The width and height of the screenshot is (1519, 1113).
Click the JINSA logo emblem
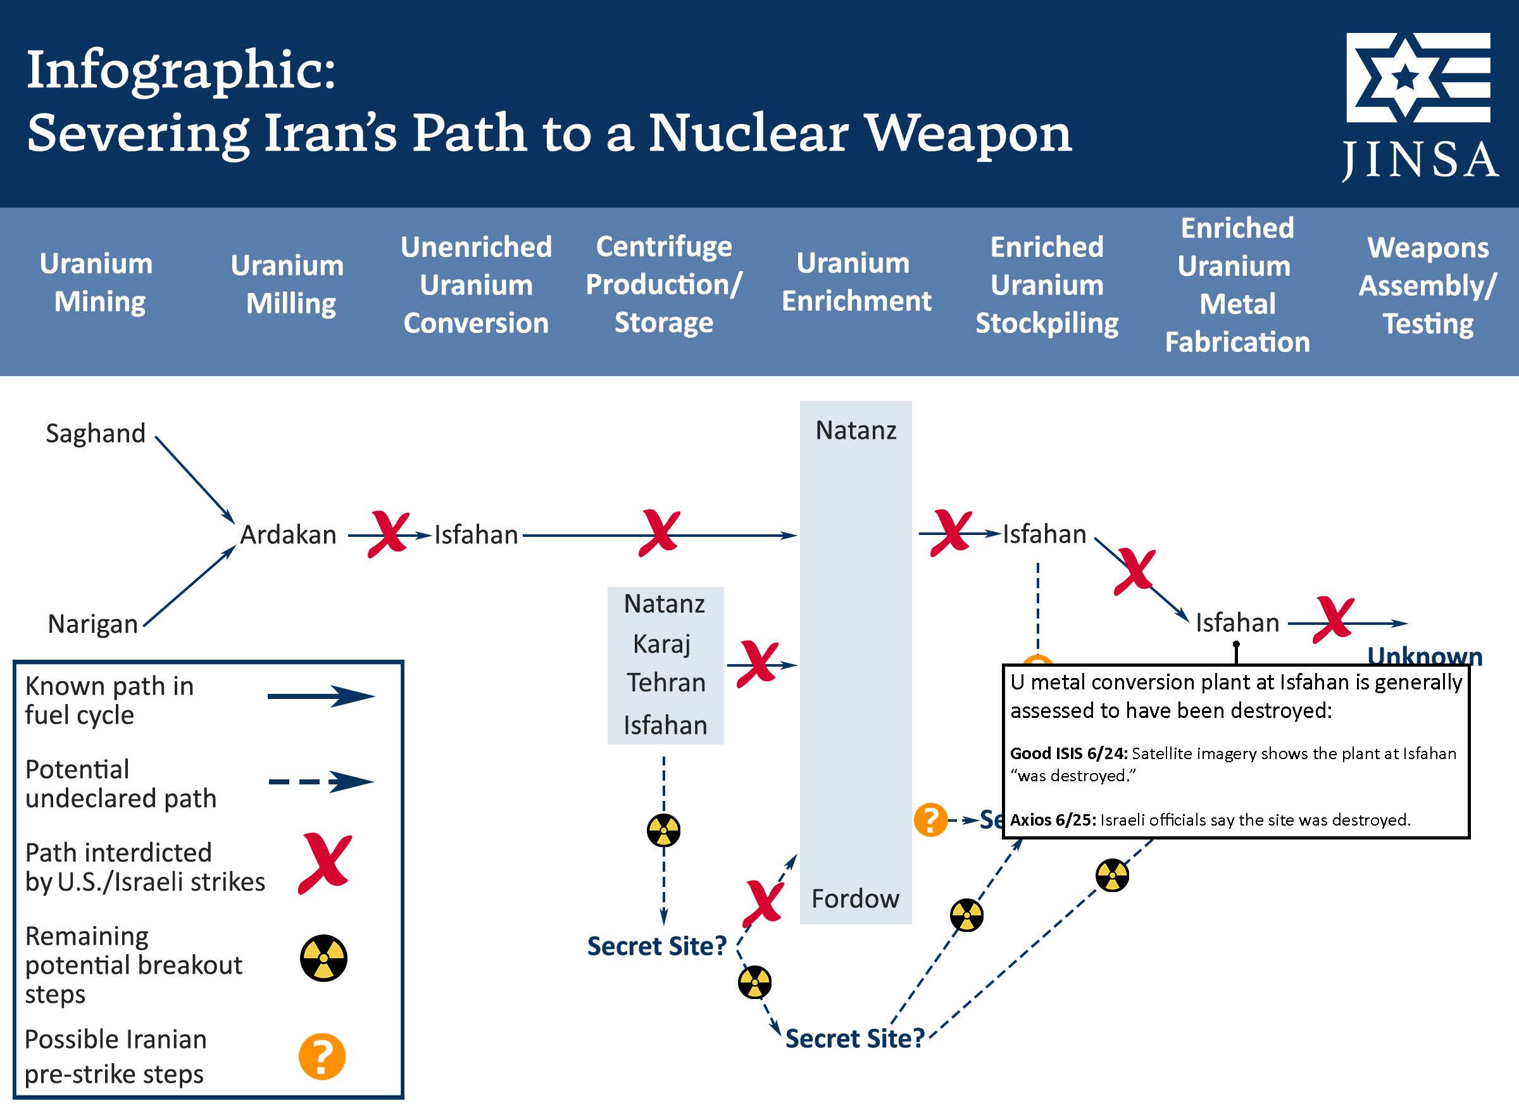point(1418,77)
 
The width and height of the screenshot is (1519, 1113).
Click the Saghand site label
point(96,433)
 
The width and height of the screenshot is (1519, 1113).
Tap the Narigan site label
point(93,624)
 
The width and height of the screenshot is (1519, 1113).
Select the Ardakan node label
point(289,534)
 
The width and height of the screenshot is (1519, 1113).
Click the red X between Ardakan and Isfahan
point(388,534)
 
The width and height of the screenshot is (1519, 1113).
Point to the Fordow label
point(855,899)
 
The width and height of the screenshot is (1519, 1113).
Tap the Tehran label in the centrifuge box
point(666,683)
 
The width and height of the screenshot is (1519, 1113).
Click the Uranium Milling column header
point(287,284)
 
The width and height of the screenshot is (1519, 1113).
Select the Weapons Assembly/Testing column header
point(1427,286)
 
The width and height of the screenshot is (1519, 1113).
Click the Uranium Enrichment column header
point(856,282)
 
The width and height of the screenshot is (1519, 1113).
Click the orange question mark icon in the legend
point(322,1057)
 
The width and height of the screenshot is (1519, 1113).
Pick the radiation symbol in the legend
point(323,958)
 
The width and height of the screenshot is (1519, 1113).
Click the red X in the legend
point(325,864)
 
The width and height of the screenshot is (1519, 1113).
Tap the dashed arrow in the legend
point(321,781)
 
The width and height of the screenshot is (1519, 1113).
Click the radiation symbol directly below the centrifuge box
point(663,830)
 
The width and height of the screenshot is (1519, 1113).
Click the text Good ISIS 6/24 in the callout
point(1068,753)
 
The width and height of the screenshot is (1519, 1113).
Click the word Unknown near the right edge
point(1425,655)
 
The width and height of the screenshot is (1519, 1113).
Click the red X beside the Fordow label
point(763,903)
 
